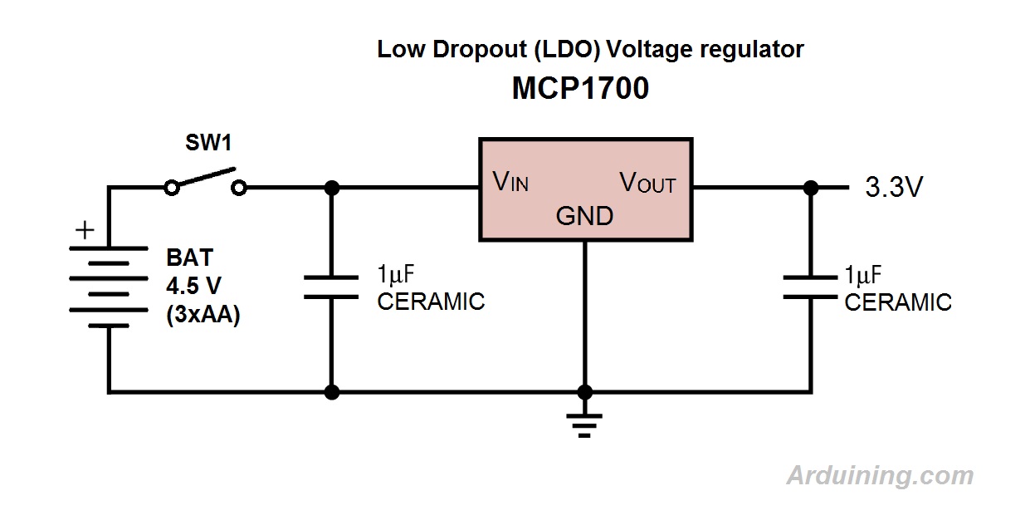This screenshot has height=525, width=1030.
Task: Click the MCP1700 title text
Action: click(580, 89)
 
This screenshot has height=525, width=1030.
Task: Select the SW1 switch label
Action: click(207, 143)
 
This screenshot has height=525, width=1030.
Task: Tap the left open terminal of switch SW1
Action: click(172, 189)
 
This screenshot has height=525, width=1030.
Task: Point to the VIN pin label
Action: click(510, 182)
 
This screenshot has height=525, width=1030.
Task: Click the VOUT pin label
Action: click(648, 183)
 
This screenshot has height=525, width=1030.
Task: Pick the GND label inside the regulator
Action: click(584, 216)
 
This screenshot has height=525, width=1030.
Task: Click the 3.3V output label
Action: click(894, 189)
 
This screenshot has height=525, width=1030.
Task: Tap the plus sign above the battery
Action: click(85, 230)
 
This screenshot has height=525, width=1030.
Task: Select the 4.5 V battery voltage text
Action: click(193, 287)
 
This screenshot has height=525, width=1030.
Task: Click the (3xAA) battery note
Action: click(203, 316)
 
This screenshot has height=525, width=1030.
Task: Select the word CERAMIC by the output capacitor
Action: click(898, 302)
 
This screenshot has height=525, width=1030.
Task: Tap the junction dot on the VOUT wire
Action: click(811, 189)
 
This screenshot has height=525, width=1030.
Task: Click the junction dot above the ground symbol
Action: click(585, 392)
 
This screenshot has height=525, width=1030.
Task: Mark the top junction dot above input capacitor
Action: click(332, 189)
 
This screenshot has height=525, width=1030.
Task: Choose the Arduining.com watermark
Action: click(880, 476)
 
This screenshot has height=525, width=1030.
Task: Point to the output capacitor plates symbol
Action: click(811, 287)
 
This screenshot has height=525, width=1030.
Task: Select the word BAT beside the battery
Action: click(189, 258)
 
